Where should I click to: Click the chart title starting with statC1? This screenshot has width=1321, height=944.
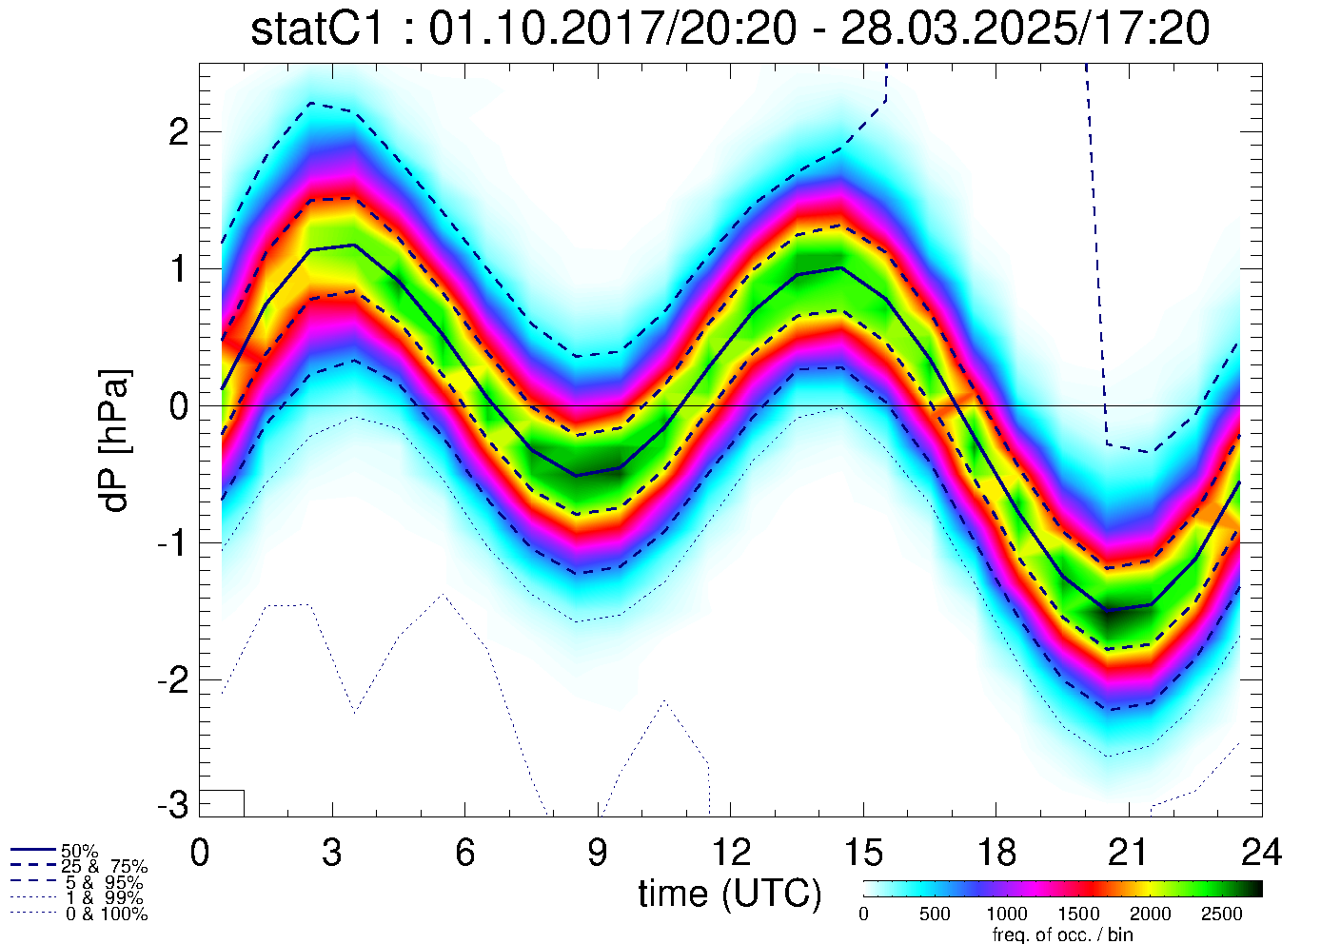click(729, 29)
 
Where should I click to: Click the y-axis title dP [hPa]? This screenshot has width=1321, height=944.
click(115, 441)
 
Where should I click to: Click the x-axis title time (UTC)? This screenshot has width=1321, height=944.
click(729, 894)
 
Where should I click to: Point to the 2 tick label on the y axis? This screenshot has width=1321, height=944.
click(178, 132)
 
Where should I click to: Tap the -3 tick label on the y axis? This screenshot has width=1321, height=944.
click(172, 805)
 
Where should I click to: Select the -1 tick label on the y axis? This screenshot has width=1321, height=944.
click(172, 543)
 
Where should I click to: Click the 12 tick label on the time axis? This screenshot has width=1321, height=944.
click(730, 853)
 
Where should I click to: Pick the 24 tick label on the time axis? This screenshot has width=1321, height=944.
click(1260, 853)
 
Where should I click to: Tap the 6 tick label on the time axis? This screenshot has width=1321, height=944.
click(464, 853)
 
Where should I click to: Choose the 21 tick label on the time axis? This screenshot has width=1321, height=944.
click(1128, 853)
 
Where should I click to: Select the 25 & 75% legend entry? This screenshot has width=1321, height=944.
click(104, 867)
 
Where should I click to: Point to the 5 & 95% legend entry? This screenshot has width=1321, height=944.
click(104, 883)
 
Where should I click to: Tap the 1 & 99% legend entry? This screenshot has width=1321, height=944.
click(104, 898)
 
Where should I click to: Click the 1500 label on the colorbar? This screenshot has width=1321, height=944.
click(1078, 914)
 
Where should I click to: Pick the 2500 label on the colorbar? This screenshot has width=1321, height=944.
click(1222, 914)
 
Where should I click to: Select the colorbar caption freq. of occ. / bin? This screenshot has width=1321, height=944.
click(1062, 934)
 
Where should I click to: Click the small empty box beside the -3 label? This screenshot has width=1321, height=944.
click(222, 803)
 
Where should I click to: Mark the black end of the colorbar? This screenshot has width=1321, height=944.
click(1254, 889)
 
